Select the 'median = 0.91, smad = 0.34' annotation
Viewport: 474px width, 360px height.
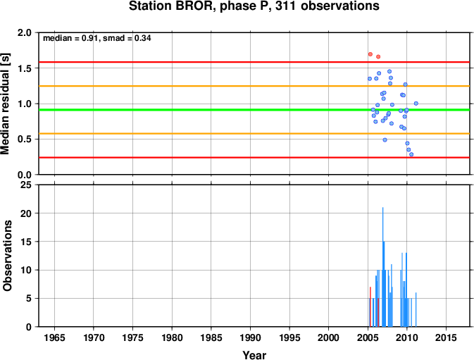pyautogui.click(x=97, y=38)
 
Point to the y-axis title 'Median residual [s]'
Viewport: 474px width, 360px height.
pyautogui.click(x=6, y=104)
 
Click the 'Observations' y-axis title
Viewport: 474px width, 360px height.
pyautogui.click(x=7, y=256)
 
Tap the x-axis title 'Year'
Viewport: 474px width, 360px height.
pyautogui.click(x=254, y=355)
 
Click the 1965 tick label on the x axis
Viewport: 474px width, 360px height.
pyautogui.click(x=54, y=337)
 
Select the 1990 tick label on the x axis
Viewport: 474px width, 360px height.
pyautogui.click(x=250, y=337)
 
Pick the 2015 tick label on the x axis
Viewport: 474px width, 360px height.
pyautogui.click(x=446, y=337)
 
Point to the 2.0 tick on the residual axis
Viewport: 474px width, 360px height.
pyautogui.click(x=25, y=32)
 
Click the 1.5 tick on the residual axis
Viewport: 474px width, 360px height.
pyautogui.click(x=25, y=68)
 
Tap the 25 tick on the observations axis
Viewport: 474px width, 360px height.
pyautogui.click(x=26, y=185)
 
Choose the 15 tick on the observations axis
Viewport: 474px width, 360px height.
pyautogui.click(x=26, y=242)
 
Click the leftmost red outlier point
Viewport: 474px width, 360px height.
pyautogui.click(x=370, y=54)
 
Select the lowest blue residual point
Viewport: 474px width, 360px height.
pyautogui.click(x=411, y=154)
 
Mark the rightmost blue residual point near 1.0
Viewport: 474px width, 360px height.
pyautogui.click(x=416, y=104)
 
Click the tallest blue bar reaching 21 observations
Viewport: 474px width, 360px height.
pyautogui.click(x=382, y=267)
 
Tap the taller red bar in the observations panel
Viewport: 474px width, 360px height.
pyautogui.click(x=370, y=306)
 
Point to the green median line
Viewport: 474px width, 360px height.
pyautogui.click(x=254, y=110)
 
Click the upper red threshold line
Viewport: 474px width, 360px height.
pyautogui.click(x=254, y=62)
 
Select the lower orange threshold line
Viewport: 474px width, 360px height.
pyautogui.click(x=254, y=134)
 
